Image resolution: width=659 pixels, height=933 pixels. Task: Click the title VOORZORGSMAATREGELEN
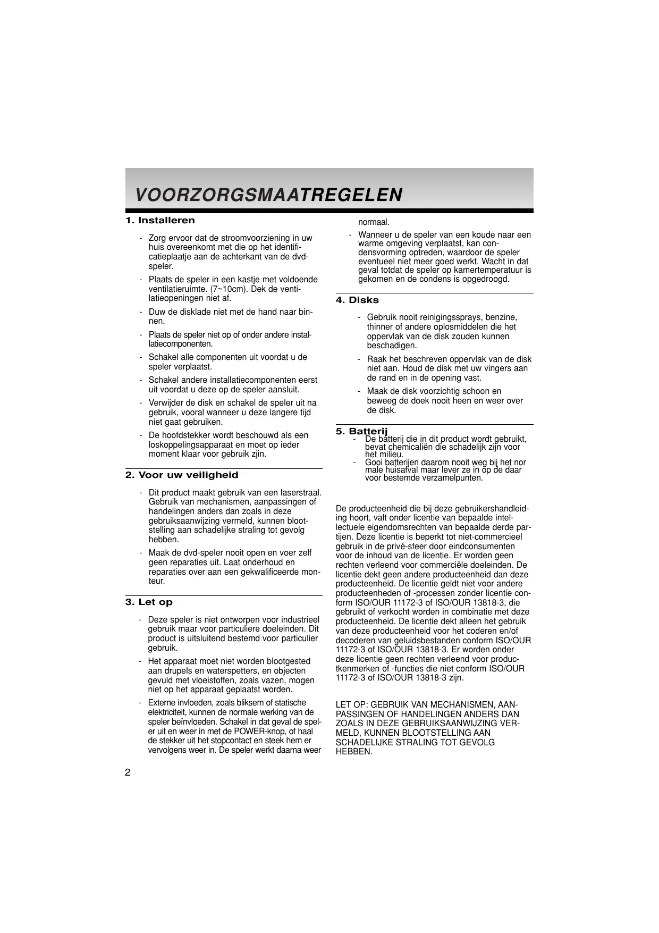268,195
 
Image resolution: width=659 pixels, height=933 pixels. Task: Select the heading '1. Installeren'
160,220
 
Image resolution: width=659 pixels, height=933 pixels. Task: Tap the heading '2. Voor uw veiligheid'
182,475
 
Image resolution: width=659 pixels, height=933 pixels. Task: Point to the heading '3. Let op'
149,602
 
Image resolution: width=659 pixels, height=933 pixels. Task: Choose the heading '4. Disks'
357,300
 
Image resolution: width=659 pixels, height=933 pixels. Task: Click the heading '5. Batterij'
362,431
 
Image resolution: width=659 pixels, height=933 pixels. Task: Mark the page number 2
128,772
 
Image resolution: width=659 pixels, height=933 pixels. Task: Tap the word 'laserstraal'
300,492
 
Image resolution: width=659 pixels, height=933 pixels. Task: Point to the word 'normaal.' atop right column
374,222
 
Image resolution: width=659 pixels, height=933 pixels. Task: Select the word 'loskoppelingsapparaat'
189,444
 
